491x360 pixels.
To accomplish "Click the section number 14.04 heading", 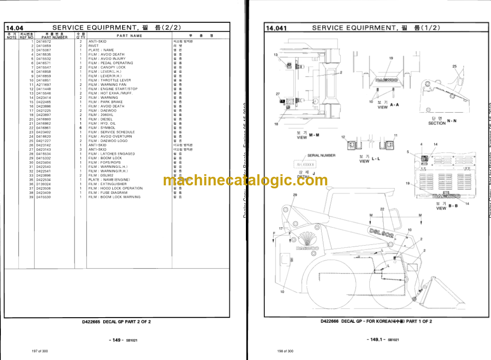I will click(x=15, y=28).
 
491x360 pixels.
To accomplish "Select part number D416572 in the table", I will click(x=43, y=42).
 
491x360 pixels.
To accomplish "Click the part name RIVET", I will click(x=93, y=46).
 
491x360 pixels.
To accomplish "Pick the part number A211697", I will click(x=43, y=85).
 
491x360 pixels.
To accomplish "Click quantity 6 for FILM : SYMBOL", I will click(x=80, y=128).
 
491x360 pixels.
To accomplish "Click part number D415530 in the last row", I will click(x=43, y=197).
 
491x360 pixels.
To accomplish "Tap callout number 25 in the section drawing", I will click(x=455, y=66).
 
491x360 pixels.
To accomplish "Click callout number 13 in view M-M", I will click(x=276, y=55).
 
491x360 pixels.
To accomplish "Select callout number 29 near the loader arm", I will click(x=294, y=195).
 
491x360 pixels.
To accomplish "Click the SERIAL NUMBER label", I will click(x=321, y=155).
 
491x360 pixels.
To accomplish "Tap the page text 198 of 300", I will click(x=285, y=351).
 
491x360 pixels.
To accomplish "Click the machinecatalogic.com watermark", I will click(x=245, y=181).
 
